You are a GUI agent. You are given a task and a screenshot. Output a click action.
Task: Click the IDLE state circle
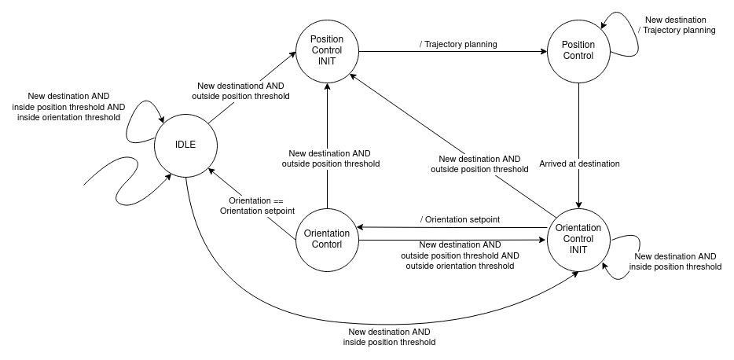pos(185,145)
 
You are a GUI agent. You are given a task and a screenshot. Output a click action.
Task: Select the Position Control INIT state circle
pos(327,51)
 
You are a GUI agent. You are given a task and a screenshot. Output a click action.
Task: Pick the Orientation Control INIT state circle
pos(578,238)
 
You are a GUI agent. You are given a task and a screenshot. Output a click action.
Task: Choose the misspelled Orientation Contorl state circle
pos(326,239)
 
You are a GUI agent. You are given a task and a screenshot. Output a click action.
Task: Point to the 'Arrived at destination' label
pos(579,163)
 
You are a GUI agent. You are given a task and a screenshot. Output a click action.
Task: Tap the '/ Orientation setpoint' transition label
pos(460,219)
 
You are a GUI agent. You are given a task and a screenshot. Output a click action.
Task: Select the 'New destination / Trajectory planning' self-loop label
pos(680,25)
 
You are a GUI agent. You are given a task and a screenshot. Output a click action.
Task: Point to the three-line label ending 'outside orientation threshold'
pos(460,255)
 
